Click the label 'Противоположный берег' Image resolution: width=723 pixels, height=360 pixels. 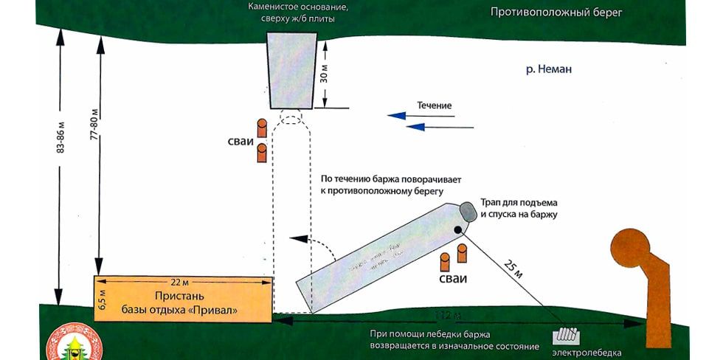click(556, 13)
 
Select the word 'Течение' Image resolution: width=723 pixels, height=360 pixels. click(435, 105)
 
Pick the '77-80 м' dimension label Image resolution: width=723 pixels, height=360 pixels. click(94, 135)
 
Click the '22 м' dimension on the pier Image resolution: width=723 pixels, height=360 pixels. click(180, 283)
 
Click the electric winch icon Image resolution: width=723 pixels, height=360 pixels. click(567, 335)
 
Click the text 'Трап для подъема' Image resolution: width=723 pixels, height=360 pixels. click(519, 202)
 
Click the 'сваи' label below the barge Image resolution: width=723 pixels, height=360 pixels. click(452, 279)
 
